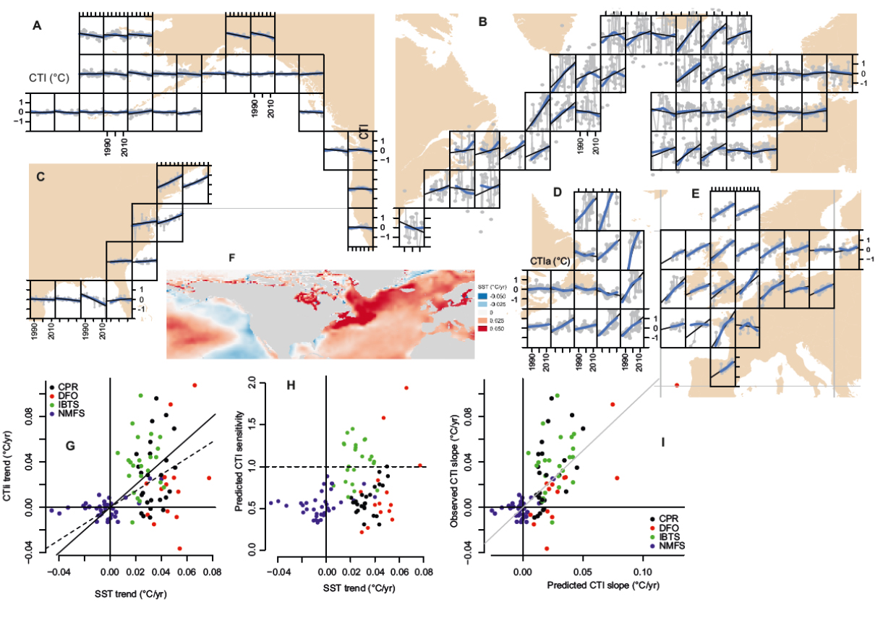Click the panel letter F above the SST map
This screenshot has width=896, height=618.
coord(231,257)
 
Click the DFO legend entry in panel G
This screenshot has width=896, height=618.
coord(65,395)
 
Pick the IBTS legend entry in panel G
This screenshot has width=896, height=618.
coord(66,404)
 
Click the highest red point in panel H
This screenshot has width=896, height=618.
coord(406,388)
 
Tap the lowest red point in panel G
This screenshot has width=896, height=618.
coord(180,548)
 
